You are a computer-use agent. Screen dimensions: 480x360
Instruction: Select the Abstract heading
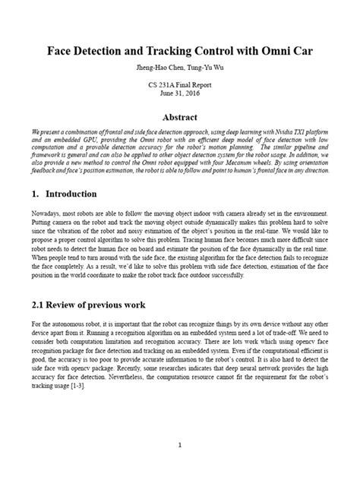click(x=180, y=118)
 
